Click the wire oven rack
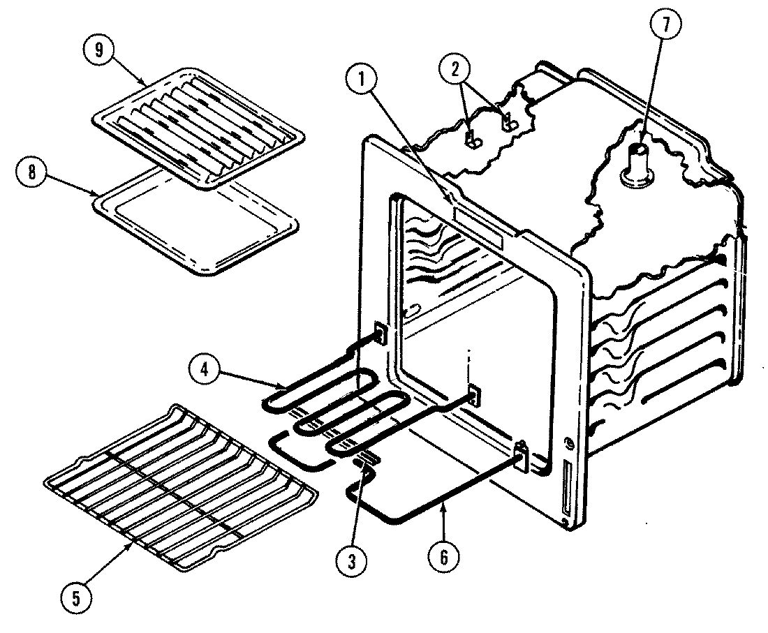(178, 485)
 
